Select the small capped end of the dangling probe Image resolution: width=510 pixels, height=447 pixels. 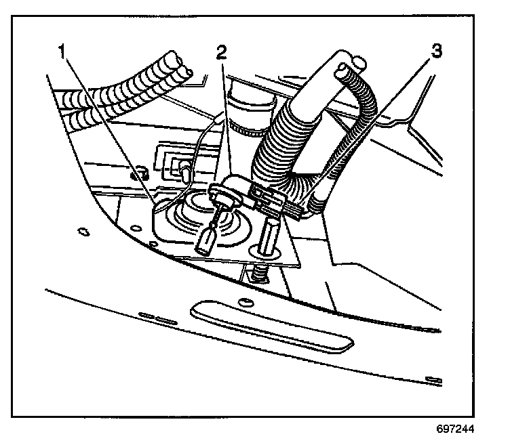[x=206, y=240]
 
